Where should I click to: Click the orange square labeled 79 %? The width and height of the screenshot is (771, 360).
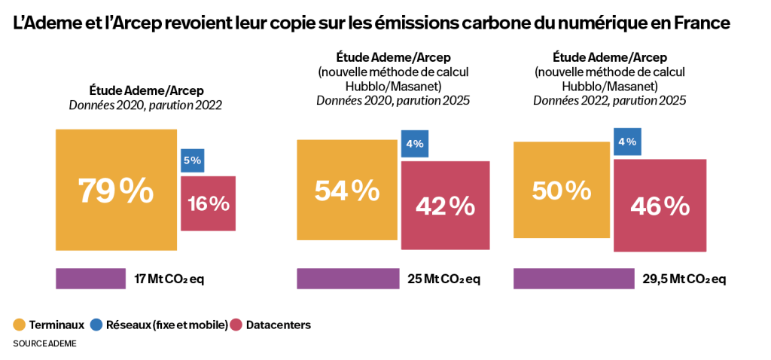116,190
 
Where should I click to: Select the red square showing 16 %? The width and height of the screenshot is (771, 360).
209,203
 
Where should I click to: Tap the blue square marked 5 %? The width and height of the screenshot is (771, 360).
191,160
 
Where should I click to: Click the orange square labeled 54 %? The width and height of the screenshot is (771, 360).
346,191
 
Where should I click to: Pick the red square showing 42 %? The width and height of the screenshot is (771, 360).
445,205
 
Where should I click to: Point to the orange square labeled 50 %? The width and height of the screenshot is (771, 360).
561,191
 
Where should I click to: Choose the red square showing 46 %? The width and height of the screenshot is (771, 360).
660,205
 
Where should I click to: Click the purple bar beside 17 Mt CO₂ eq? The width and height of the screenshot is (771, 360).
90,279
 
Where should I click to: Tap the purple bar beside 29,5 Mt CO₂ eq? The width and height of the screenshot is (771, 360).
573,279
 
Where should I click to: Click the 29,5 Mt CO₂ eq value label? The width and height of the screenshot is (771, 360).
684,279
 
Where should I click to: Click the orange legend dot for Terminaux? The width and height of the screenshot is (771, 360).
20,325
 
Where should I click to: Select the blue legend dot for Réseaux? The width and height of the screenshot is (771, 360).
96,325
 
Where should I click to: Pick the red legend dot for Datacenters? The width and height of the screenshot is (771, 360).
236,325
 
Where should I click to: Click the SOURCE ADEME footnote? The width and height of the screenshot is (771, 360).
44,343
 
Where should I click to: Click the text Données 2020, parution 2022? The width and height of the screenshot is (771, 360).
145,105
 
